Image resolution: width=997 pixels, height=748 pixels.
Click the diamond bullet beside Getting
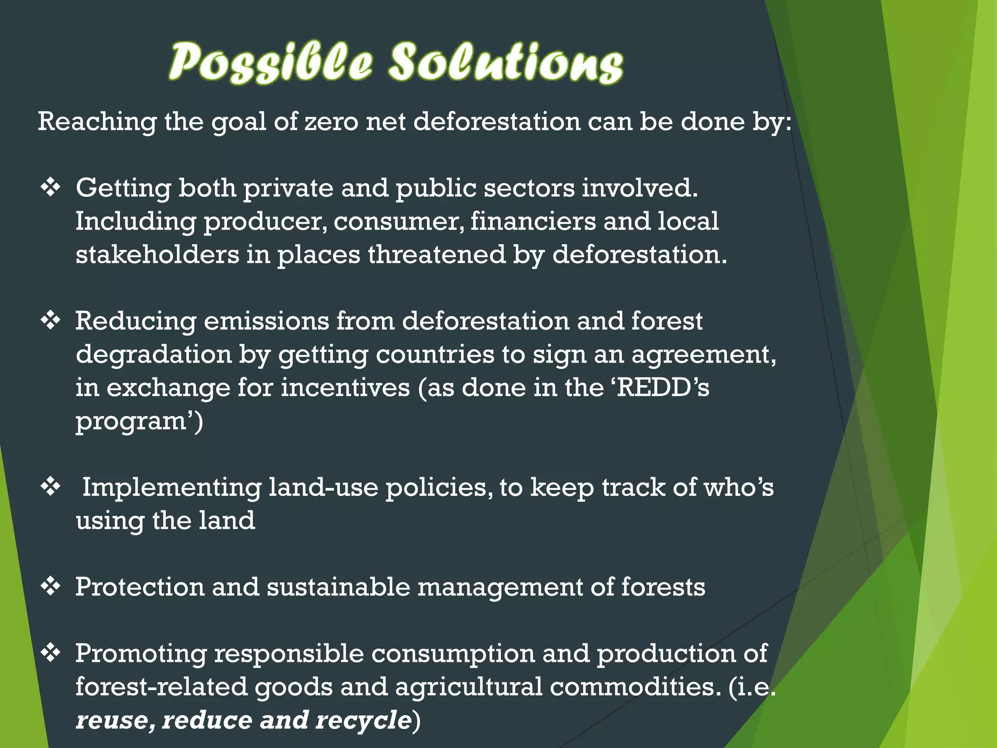[50, 187]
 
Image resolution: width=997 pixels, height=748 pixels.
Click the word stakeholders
[157, 255]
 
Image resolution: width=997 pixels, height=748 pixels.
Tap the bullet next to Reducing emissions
[50, 321]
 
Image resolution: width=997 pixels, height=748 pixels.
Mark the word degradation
[153, 355]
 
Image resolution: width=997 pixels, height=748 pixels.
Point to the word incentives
[345, 388]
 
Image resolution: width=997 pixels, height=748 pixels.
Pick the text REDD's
[662, 388]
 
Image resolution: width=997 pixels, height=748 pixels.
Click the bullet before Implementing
[50, 487]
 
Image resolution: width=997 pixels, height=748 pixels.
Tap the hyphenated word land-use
[323, 487]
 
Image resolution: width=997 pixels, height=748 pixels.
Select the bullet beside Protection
[50, 587]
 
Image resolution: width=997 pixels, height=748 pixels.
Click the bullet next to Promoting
[50, 653]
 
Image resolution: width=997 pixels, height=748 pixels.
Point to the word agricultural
[468, 687]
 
